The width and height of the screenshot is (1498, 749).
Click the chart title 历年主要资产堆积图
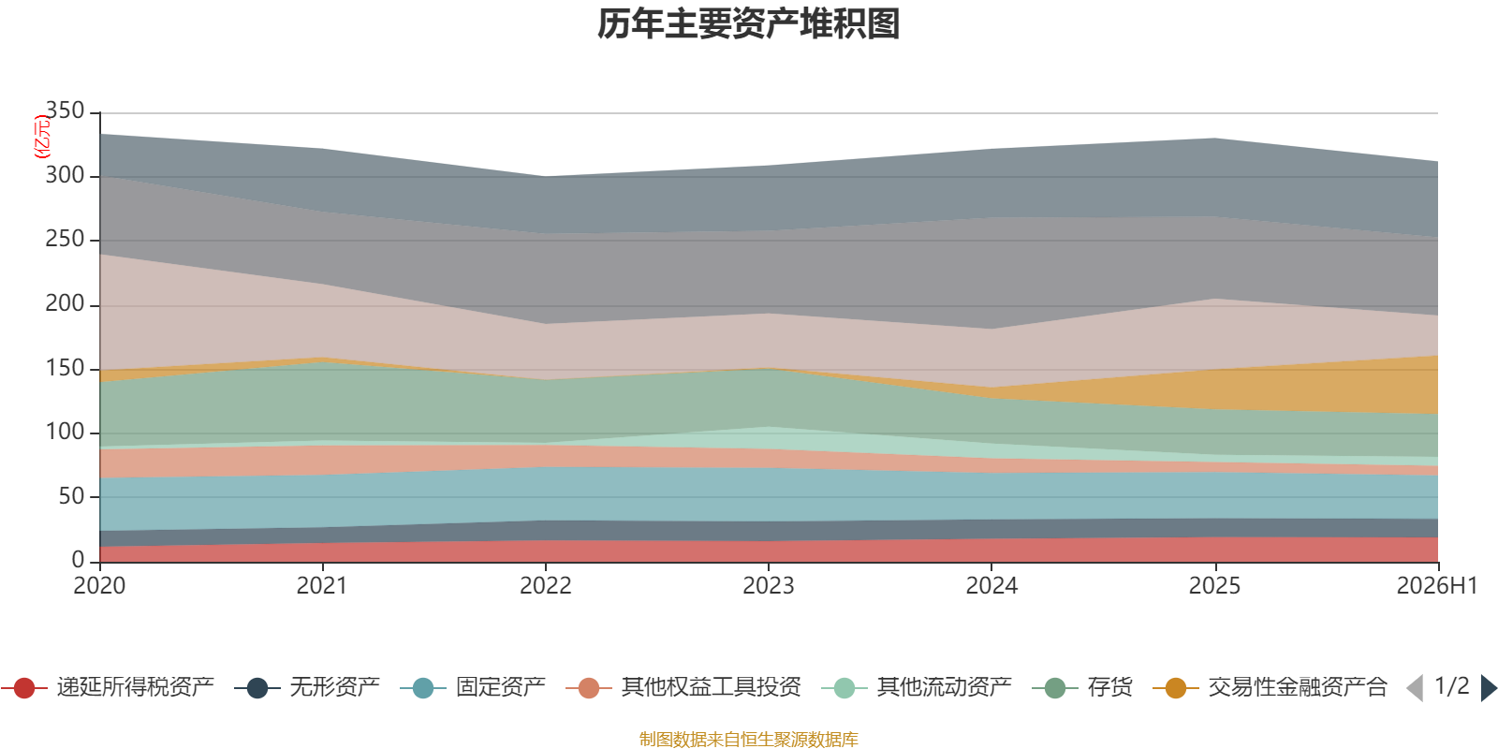[748, 24]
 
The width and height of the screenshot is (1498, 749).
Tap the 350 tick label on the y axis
[65, 110]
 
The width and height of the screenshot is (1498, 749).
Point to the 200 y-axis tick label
[65, 303]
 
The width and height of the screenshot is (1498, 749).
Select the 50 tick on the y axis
[71, 496]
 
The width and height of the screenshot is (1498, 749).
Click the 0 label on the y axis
[79, 560]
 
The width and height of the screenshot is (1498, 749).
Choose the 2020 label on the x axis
[99, 586]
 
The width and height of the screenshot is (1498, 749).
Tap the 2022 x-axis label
[546, 586]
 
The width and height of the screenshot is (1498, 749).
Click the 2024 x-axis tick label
[991, 586]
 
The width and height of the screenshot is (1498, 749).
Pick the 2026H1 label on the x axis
[1437, 586]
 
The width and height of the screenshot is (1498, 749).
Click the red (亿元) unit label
[42, 137]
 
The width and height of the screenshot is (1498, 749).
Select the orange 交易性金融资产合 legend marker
[1176, 687]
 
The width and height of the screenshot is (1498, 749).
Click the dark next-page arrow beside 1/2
[1489, 688]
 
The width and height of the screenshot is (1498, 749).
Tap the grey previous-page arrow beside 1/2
[1415, 688]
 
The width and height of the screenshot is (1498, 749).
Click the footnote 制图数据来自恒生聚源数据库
[748, 739]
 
